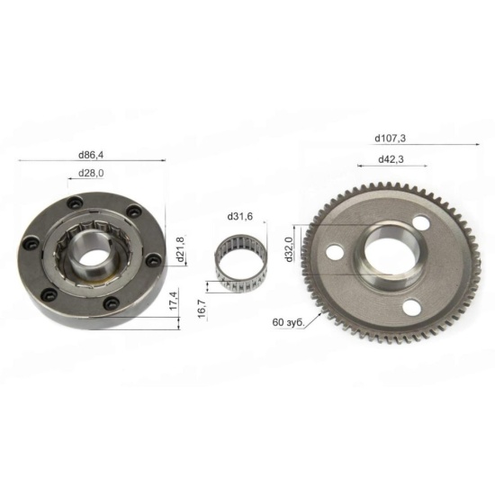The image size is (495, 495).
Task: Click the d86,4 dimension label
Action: pos(91,155)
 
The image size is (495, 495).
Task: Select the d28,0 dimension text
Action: pos(91,174)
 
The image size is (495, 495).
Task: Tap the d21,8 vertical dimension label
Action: pos(180,249)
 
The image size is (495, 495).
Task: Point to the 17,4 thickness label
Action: pos(174,301)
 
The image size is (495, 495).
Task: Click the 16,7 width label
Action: pos(202,309)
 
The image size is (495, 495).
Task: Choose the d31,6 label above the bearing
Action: pos(240,217)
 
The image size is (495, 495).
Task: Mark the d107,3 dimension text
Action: pos(391,139)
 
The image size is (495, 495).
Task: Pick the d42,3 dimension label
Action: pos(391,159)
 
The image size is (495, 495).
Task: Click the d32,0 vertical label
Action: pos(289,249)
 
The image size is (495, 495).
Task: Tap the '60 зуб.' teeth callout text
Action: pos(288,322)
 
